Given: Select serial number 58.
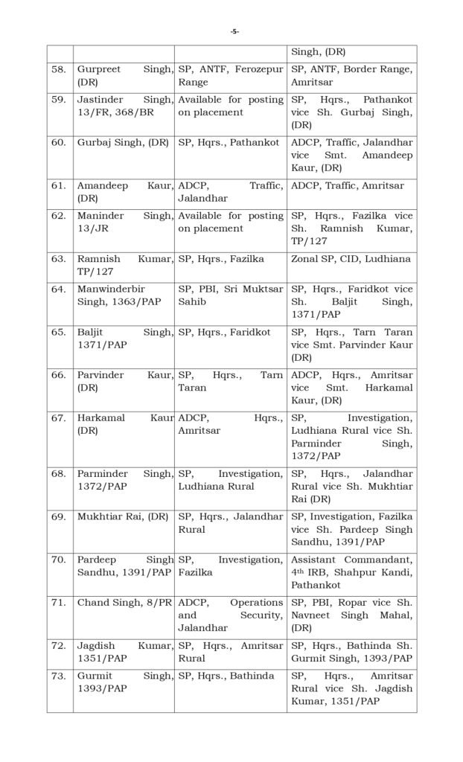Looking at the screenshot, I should tap(59, 69).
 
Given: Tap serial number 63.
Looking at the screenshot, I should tap(59, 258).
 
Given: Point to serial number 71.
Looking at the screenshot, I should tap(59, 602).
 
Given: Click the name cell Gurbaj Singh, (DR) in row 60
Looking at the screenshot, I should tap(123, 142).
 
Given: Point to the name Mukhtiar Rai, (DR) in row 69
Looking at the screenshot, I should tap(123, 516).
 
